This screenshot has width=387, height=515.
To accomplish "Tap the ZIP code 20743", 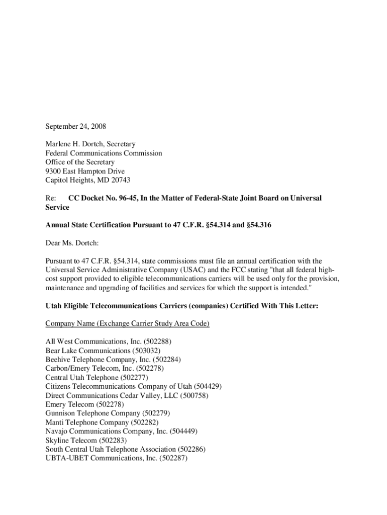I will pos(121,181).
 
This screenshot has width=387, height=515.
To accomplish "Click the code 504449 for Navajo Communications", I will pos(183,431).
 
